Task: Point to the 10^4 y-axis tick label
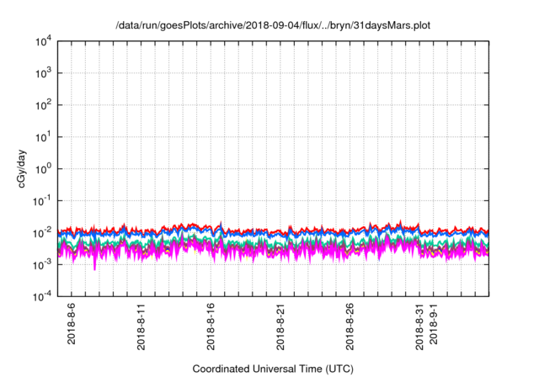[45, 40]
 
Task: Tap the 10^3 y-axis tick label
[45, 72]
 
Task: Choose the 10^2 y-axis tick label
[45, 104]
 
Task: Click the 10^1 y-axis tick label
[45, 136]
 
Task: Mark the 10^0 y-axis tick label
[45, 168]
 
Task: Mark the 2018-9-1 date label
[435, 323]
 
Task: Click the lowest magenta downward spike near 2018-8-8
[94, 268]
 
